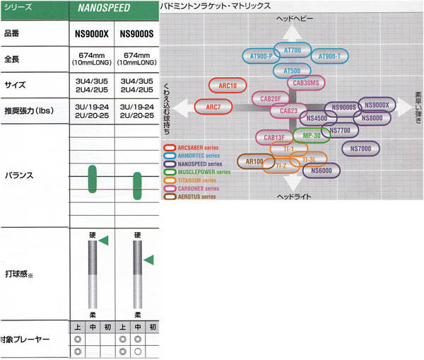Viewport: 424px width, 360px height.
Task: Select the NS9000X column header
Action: pos(91,33)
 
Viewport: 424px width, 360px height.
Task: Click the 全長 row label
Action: pos(14,59)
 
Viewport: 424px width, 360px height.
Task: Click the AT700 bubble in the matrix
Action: pos(292,51)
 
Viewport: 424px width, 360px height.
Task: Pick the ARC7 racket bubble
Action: pos(213,107)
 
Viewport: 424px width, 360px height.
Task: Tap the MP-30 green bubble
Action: pos(312,135)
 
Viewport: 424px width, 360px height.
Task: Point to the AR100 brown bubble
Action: pos(255,161)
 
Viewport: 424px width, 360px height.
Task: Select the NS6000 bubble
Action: pos(321,170)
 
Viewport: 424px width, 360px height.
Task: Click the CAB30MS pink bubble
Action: pos(305,83)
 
